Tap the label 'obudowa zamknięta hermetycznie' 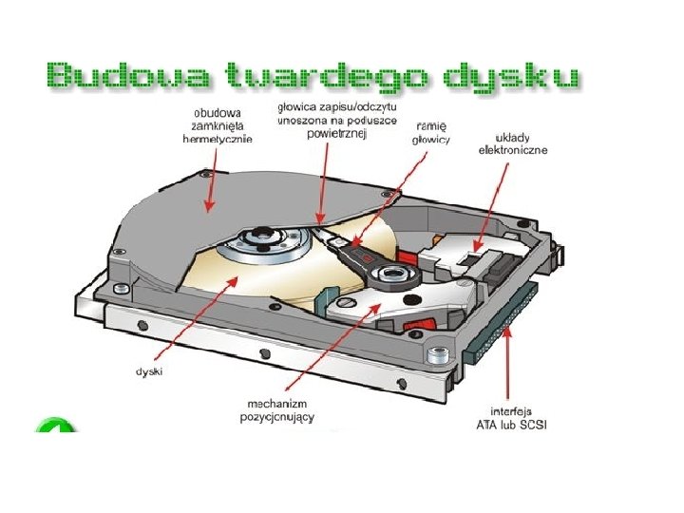pos(217,123)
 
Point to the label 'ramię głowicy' pos(432,132)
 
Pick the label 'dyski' pos(149,371)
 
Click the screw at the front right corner pos(438,357)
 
